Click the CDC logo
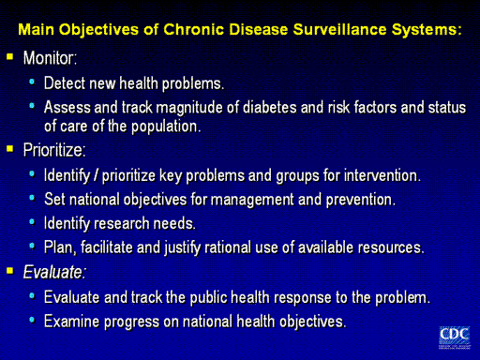[455, 337]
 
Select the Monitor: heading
[50, 58]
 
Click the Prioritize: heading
[54, 150]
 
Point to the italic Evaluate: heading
[54, 272]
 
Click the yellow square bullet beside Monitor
[10, 56]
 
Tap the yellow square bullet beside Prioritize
[10, 148]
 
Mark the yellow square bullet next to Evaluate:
[10, 270]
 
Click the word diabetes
[270, 108]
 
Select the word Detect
[65, 83]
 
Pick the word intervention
[382, 175]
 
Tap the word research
[122, 224]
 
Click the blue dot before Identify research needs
[32, 222]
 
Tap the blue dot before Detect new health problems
[32, 82]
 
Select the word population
[166, 127]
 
